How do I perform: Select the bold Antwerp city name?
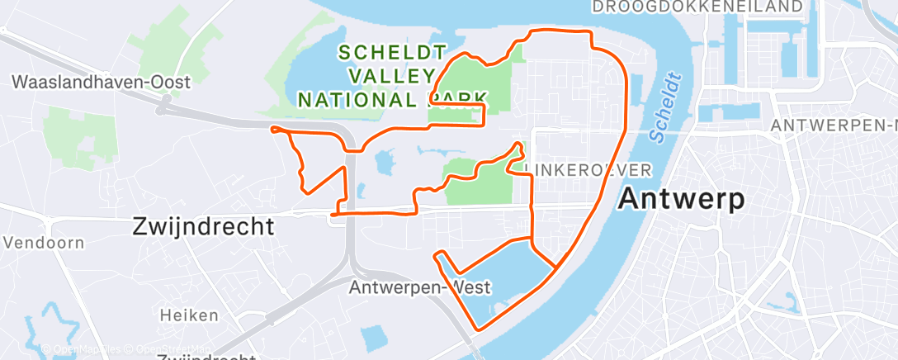pyautogui.click(x=682, y=199)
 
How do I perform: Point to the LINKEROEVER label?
pyautogui.click(x=588, y=169)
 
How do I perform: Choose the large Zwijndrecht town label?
pyautogui.click(x=203, y=227)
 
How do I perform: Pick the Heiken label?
pyautogui.click(x=190, y=315)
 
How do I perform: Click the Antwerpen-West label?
pyautogui.click(x=420, y=287)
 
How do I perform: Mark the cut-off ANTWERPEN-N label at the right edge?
pyautogui.click(x=834, y=126)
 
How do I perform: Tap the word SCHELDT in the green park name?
pyautogui.click(x=392, y=52)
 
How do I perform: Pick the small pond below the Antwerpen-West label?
pyautogui.click(x=373, y=337)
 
